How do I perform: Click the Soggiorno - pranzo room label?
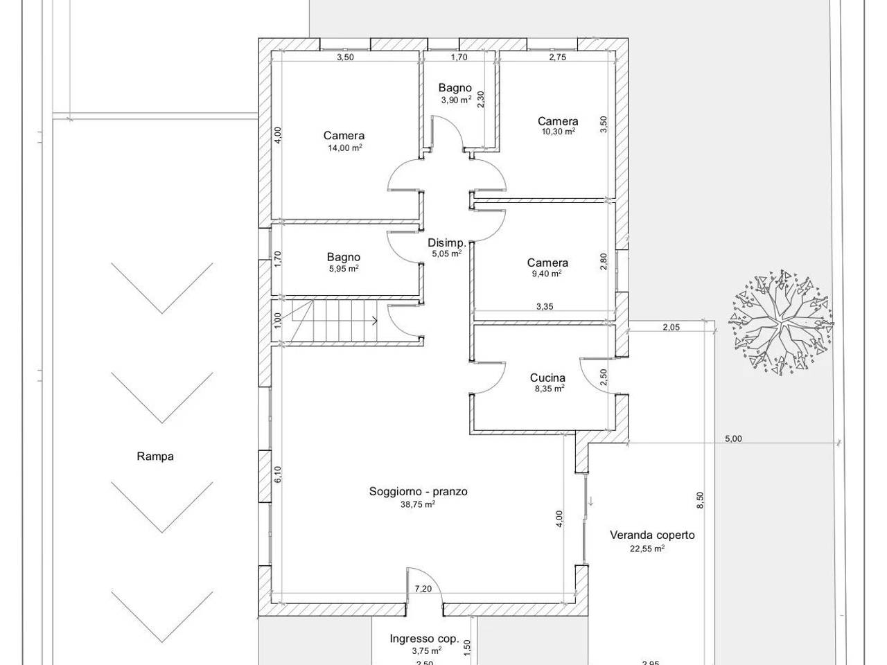pos(419,491)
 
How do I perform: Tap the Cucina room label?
pos(547,378)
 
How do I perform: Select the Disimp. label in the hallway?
pos(447,243)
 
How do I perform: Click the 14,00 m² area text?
pos(344,148)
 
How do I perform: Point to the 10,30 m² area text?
pos(559,131)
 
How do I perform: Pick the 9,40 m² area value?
pos(547,274)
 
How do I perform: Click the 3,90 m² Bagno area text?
pos(456,100)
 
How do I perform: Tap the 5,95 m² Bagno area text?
pos(344,269)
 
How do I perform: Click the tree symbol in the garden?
pos(781,323)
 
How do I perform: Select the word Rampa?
pos(155,456)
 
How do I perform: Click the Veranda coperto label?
pos(652,535)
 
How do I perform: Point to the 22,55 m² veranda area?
pos(647,549)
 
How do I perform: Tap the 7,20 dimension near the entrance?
pos(423,589)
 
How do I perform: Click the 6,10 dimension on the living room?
pos(278,475)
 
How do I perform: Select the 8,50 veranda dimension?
pos(701,500)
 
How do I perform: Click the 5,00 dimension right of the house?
pos(733,438)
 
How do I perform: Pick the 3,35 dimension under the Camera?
pos(545,306)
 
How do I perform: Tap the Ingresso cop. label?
pos(424,639)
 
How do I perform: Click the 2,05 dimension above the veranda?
pos(671,328)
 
